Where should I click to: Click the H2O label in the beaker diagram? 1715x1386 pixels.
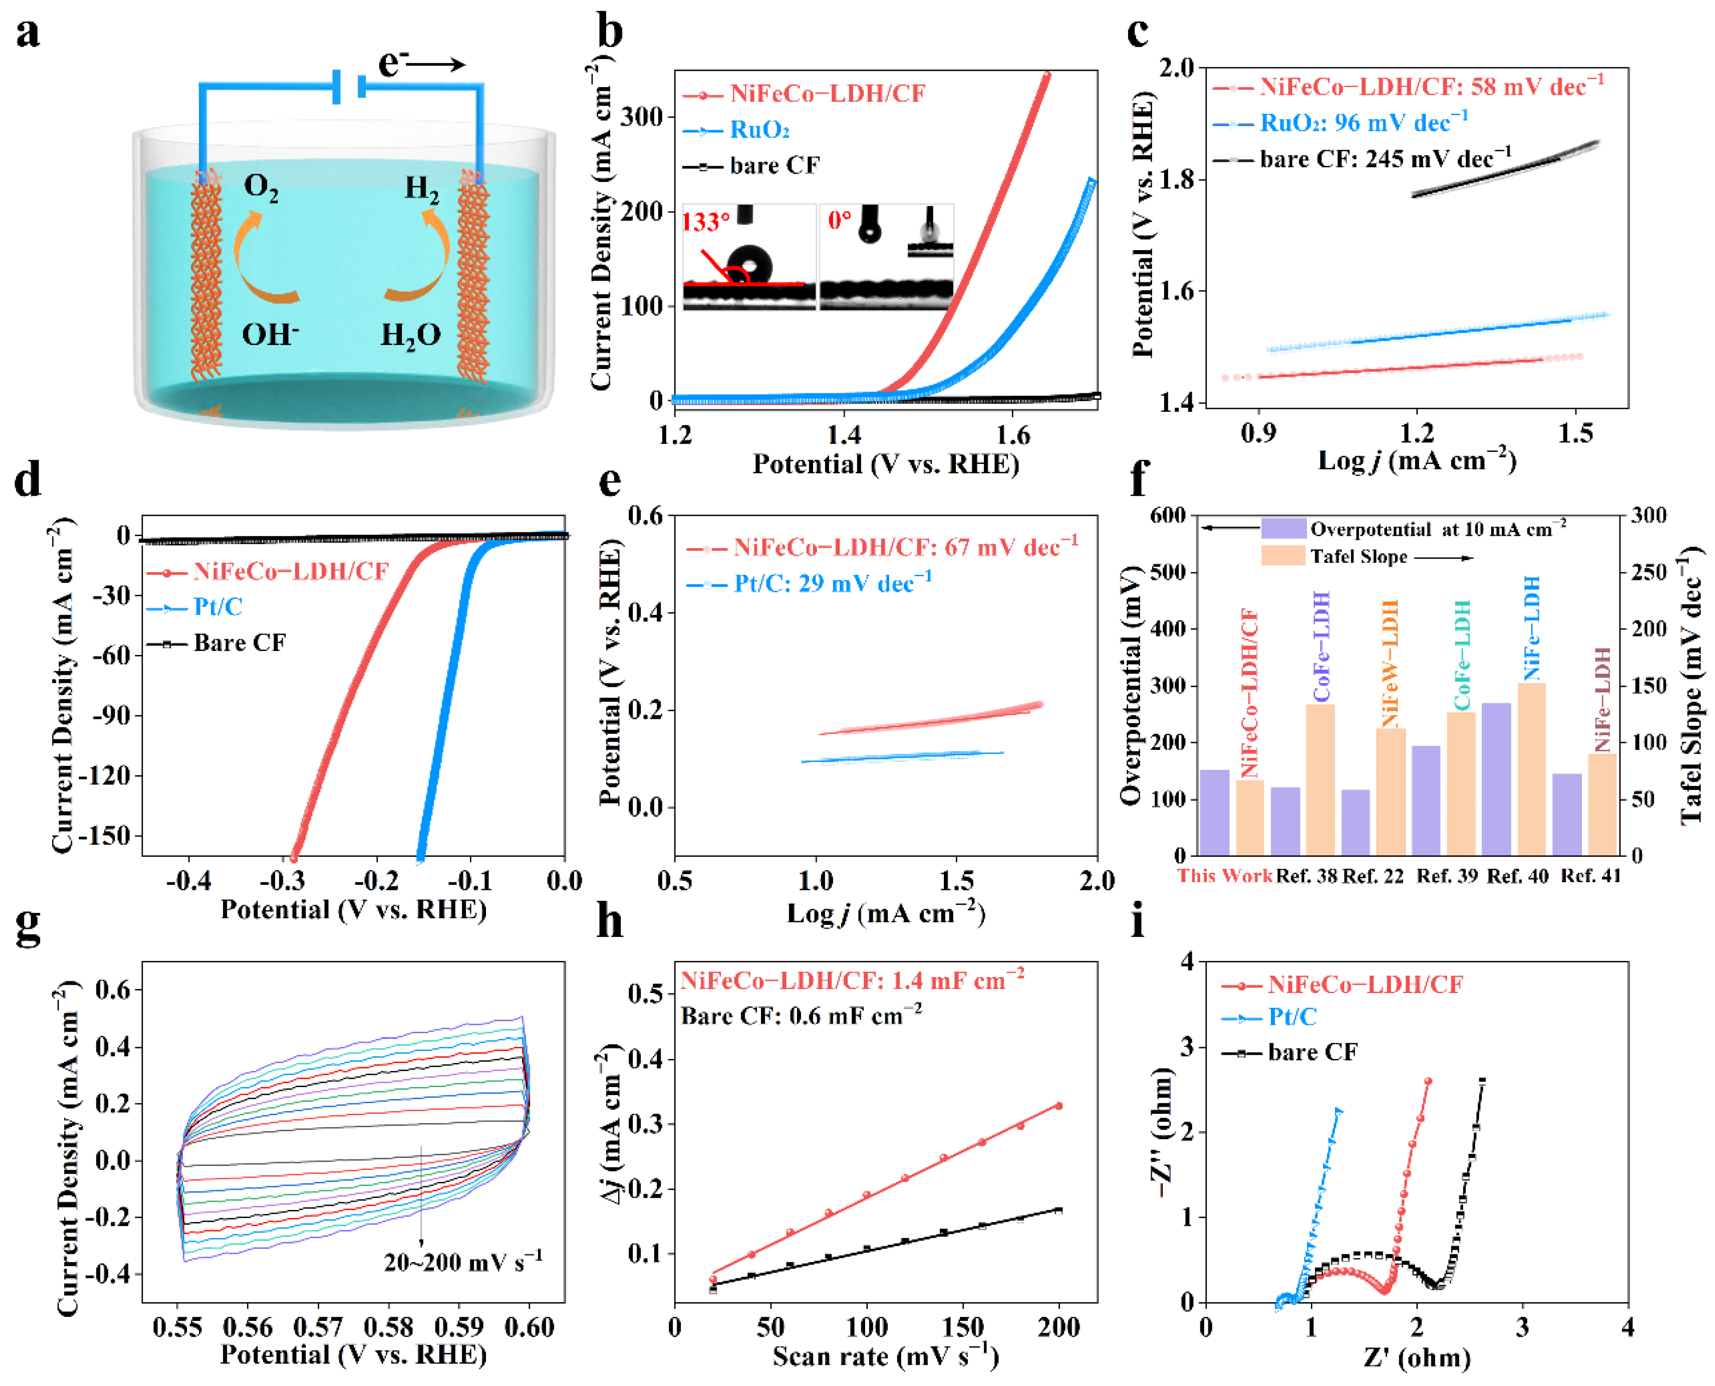tap(410, 334)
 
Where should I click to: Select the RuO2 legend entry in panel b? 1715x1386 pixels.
tap(759, 129)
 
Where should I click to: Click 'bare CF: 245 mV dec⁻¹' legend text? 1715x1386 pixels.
tap(1385, 159)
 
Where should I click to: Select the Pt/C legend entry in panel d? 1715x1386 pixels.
tap(217, 607)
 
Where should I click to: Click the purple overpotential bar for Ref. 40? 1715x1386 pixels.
tap(1496, 778)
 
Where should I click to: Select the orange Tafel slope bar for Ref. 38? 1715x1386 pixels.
tap(1321, 779)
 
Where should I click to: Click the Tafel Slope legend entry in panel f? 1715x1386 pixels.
tap(1358, 556)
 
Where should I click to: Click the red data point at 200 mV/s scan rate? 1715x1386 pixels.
tap(1059, 1106)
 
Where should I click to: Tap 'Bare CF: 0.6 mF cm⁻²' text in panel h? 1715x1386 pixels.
tap(801, 1016)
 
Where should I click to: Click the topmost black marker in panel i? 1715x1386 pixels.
tap(1483, 1082)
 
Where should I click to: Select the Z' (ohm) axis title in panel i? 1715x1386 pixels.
tap(1416, 1357)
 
